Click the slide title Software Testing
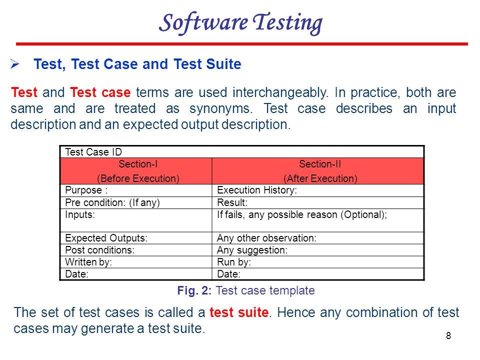coord(240,23)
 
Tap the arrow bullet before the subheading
coord(14,63)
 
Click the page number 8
coord(448,336)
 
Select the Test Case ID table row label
coord(93,152)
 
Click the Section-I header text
coord(138,164)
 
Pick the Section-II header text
coord(320,164)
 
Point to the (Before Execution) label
coord(138,178)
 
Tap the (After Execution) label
coord(320,178)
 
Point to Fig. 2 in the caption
coord(194,290)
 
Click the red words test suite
coord(239,312)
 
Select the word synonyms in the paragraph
coord(221,108)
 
